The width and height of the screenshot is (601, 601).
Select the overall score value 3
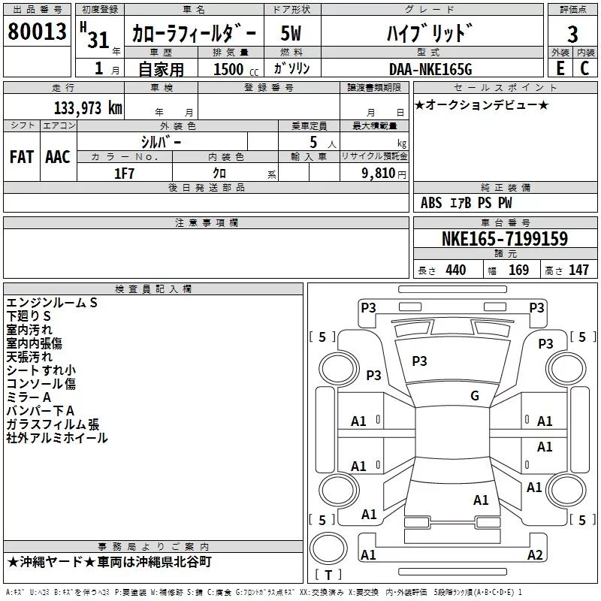[572, 34]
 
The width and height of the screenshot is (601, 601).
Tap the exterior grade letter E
[560, 68]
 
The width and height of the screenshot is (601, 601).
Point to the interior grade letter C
[584, 68]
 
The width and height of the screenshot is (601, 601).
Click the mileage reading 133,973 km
[87, 107]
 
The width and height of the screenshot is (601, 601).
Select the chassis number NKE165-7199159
[504, 239]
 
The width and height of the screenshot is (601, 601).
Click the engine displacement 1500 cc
[228, 70]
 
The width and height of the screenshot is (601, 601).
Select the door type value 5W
[291, 34]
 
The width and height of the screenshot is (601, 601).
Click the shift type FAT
[22, 156]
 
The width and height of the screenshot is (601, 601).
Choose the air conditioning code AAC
[58, 156]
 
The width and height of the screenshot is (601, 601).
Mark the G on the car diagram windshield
[475, 396]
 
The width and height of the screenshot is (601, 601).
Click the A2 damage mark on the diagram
[535, 555]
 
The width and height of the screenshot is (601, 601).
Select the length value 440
[455, 270]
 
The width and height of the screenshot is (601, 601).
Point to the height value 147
[578, 270]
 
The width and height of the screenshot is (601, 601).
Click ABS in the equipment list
[431, 203]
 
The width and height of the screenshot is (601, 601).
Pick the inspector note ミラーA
[29, 397]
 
